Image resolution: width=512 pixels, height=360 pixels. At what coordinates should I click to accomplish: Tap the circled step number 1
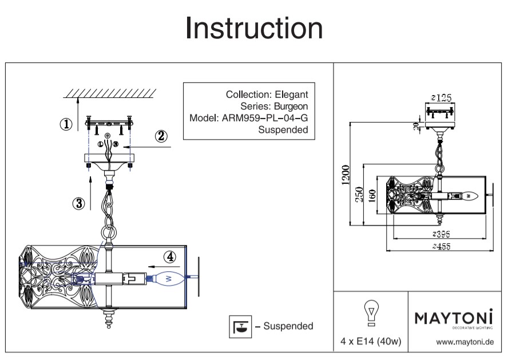67,124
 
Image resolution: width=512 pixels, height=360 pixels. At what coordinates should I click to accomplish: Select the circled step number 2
161,136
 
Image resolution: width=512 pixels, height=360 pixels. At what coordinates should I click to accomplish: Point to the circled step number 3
79,202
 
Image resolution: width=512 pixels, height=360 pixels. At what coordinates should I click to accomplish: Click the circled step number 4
169,257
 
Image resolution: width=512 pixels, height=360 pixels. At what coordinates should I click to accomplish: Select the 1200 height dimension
342,173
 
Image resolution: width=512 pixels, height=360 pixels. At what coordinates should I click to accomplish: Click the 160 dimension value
372,195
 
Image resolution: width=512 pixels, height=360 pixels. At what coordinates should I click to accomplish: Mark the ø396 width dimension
440,235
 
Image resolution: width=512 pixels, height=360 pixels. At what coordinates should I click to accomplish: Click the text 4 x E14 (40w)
371,342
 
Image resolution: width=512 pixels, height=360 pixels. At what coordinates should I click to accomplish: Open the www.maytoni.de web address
465,342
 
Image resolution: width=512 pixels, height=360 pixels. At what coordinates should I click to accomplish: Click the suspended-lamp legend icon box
240,326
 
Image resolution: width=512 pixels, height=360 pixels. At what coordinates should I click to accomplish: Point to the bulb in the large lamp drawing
170,278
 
